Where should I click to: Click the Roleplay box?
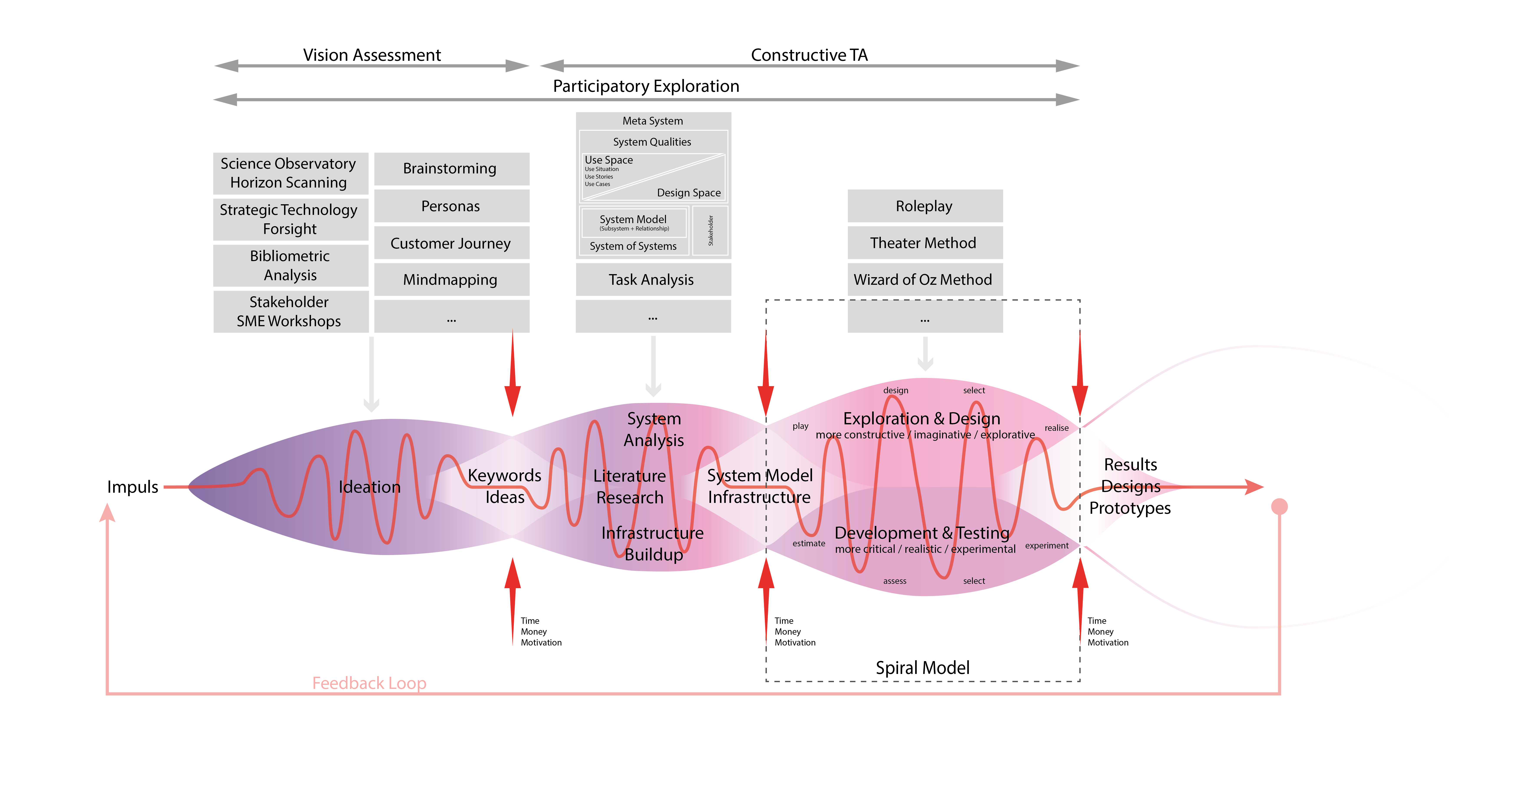(925, 206)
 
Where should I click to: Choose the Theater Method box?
(925, 243)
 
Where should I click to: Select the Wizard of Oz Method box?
(925, 280)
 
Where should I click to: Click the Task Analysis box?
(653, 280)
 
